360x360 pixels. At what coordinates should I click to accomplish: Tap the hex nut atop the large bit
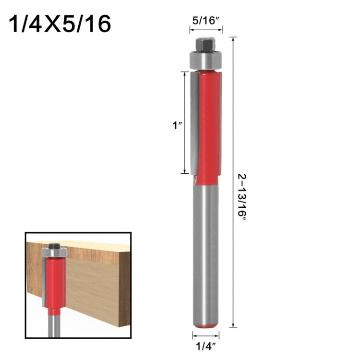204,44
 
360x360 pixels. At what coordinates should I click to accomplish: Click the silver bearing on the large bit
204,60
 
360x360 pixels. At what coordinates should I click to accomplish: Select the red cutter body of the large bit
208,125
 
